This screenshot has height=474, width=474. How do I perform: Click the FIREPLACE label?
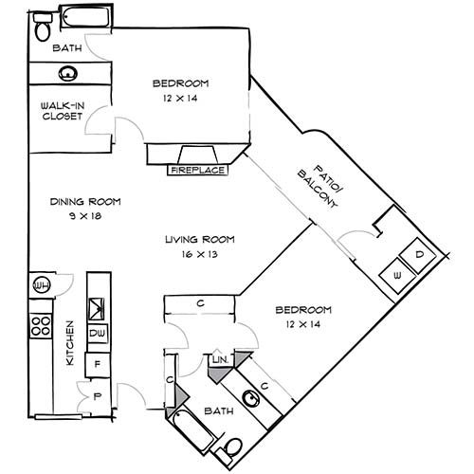pos(197,171)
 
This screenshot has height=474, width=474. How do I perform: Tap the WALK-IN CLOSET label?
pos(59,111)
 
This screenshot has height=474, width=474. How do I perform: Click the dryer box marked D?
pos(418,256)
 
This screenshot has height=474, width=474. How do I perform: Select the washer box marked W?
pos(396,276)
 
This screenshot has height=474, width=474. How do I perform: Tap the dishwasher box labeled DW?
pos(97,334)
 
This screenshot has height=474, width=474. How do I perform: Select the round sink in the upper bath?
pos(67,73)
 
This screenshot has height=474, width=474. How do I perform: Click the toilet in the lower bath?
pos(232,448)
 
